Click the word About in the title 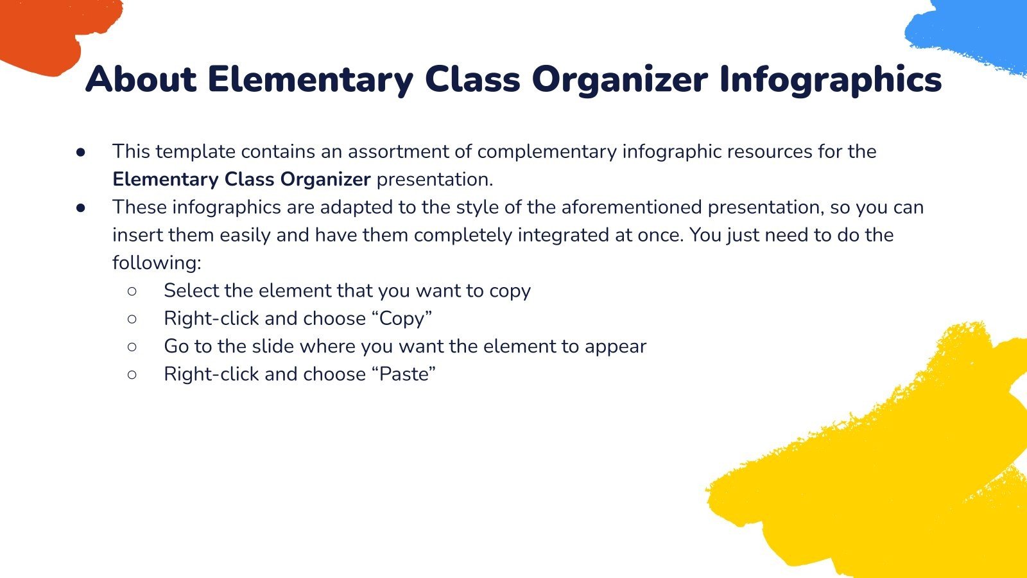point(141,80)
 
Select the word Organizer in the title point(619,80)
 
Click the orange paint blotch point(45,32)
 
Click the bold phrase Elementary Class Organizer point(241,179)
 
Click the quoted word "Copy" point(402,319)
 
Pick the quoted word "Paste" point(404,374)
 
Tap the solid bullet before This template point(81,152)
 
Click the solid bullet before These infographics point(81,207)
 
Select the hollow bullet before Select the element point(132,291)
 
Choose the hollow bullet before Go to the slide point(132,346)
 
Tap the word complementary point(547,152)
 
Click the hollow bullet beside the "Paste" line point(132,374)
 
